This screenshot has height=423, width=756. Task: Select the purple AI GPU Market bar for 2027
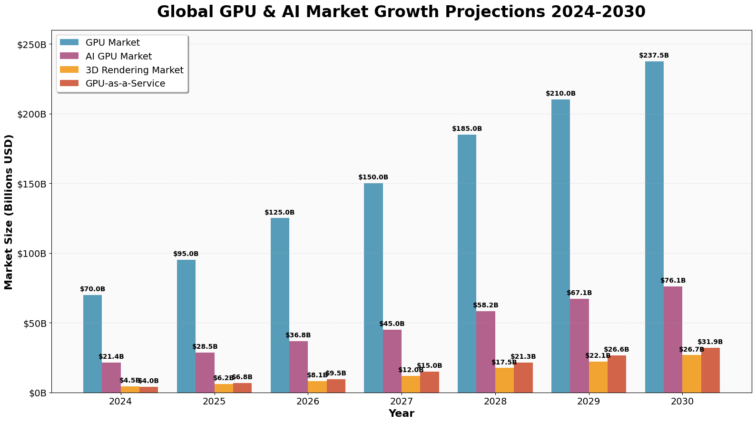click(392, 361)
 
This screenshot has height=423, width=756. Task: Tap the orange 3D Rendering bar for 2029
click(598, 377)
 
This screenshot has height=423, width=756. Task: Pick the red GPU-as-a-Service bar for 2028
click(523, 378)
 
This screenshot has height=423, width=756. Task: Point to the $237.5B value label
click(654, 56)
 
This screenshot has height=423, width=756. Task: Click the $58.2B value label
click(486, 305)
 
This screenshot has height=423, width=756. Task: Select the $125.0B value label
click(280, 213)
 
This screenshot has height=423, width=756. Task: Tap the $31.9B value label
click(710, 342)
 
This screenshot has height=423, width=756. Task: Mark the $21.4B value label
click(111, 357)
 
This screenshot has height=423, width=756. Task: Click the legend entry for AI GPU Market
click(118, 57)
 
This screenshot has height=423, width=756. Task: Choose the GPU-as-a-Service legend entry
click(125, 84)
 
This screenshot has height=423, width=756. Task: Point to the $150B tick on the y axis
click(33, 184)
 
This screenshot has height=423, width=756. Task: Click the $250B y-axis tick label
click(33, 45)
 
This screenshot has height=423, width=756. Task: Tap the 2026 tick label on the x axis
click(308, 402)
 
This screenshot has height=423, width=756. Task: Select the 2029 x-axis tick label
click(589, 402)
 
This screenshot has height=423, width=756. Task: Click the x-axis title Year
click(401, 413)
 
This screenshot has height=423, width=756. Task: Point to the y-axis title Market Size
click(9, 212)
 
